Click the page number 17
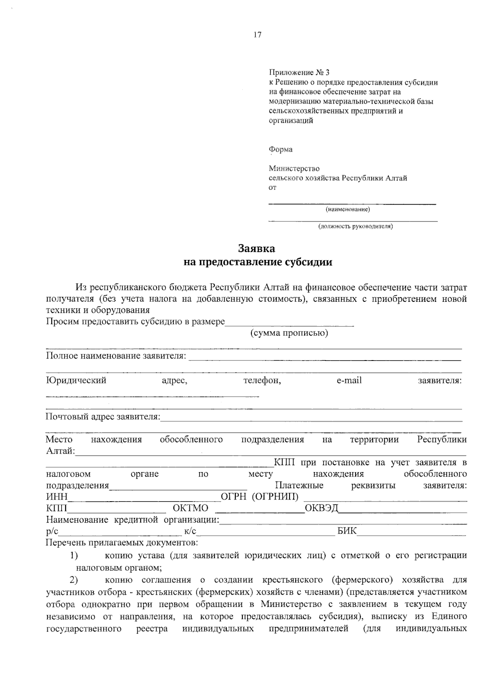pyautogui.click(x=257, y=35)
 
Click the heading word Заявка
pyautogui.click(x=257, y=249)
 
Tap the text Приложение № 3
pyautogui.click(x=299, y=73)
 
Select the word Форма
pyautogui.click(x=280, y=149)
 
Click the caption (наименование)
pyautogui.click(x=348, y=210)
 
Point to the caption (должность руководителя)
pyautogui.click(x=355, y=226)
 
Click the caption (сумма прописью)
pyautogui.click(x=289, y=333)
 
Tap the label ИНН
pyautogui.click(x=57, y=497)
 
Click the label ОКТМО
pyautogui.click(x=191, y=509)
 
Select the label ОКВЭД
pyautogui.click(x=322, y=509)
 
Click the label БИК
pyautogui.click(x=347, y=532)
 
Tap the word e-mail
pyautogui.click(x=349, y=381)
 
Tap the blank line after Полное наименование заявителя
pyautogui.click(x=324, y=359)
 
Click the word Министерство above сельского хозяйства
pyautogui.click(x=294, y=169)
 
